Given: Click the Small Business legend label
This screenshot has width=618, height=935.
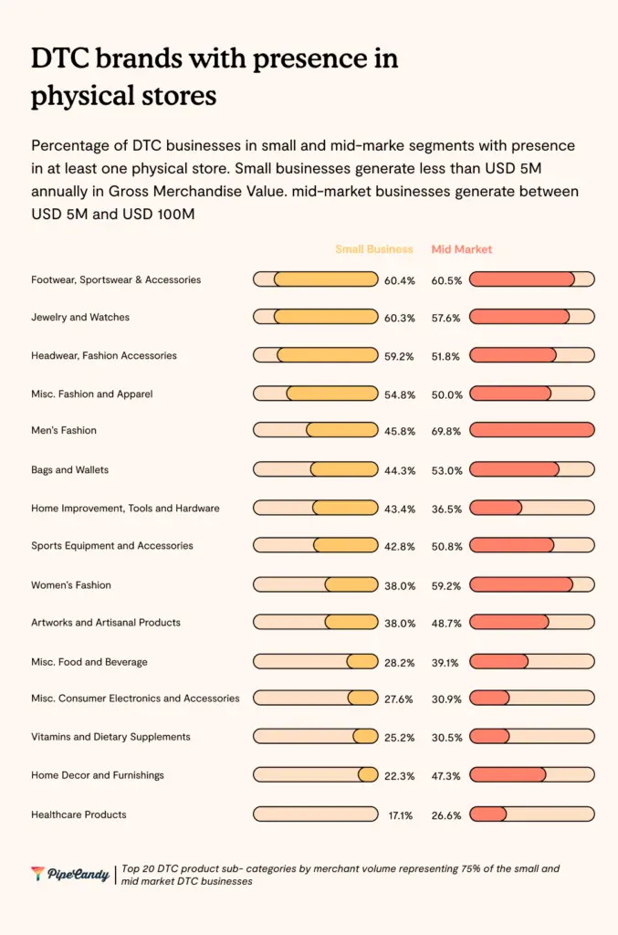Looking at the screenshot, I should point(373,249).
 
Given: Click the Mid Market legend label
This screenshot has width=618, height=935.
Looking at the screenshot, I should point(462,249).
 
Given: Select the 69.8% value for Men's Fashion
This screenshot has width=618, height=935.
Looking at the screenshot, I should point(447,430).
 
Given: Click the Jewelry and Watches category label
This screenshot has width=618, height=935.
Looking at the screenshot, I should point(80,317).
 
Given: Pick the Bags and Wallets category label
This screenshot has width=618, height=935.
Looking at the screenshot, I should point(69,469).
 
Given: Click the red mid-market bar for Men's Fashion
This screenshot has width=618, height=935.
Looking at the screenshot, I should point(531,430).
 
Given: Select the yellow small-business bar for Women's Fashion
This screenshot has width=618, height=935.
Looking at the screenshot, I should point(351,584).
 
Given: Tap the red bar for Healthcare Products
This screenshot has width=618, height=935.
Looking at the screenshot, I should point(487,814).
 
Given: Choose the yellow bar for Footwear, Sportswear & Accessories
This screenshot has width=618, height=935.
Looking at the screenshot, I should point(326,279).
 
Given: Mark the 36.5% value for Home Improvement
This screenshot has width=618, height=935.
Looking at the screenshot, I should point(447,508).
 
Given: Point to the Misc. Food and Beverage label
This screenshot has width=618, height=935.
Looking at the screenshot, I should point(89,661).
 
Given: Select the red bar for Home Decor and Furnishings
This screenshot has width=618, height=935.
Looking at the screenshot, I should point(508,775).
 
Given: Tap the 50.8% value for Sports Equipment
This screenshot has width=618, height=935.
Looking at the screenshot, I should point(447,546).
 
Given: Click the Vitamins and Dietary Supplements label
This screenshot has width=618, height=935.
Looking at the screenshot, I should point(110,736).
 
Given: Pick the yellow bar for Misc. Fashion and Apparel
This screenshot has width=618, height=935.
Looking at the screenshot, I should point(332,394).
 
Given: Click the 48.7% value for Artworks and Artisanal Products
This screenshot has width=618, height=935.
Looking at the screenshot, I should point(447,623).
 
